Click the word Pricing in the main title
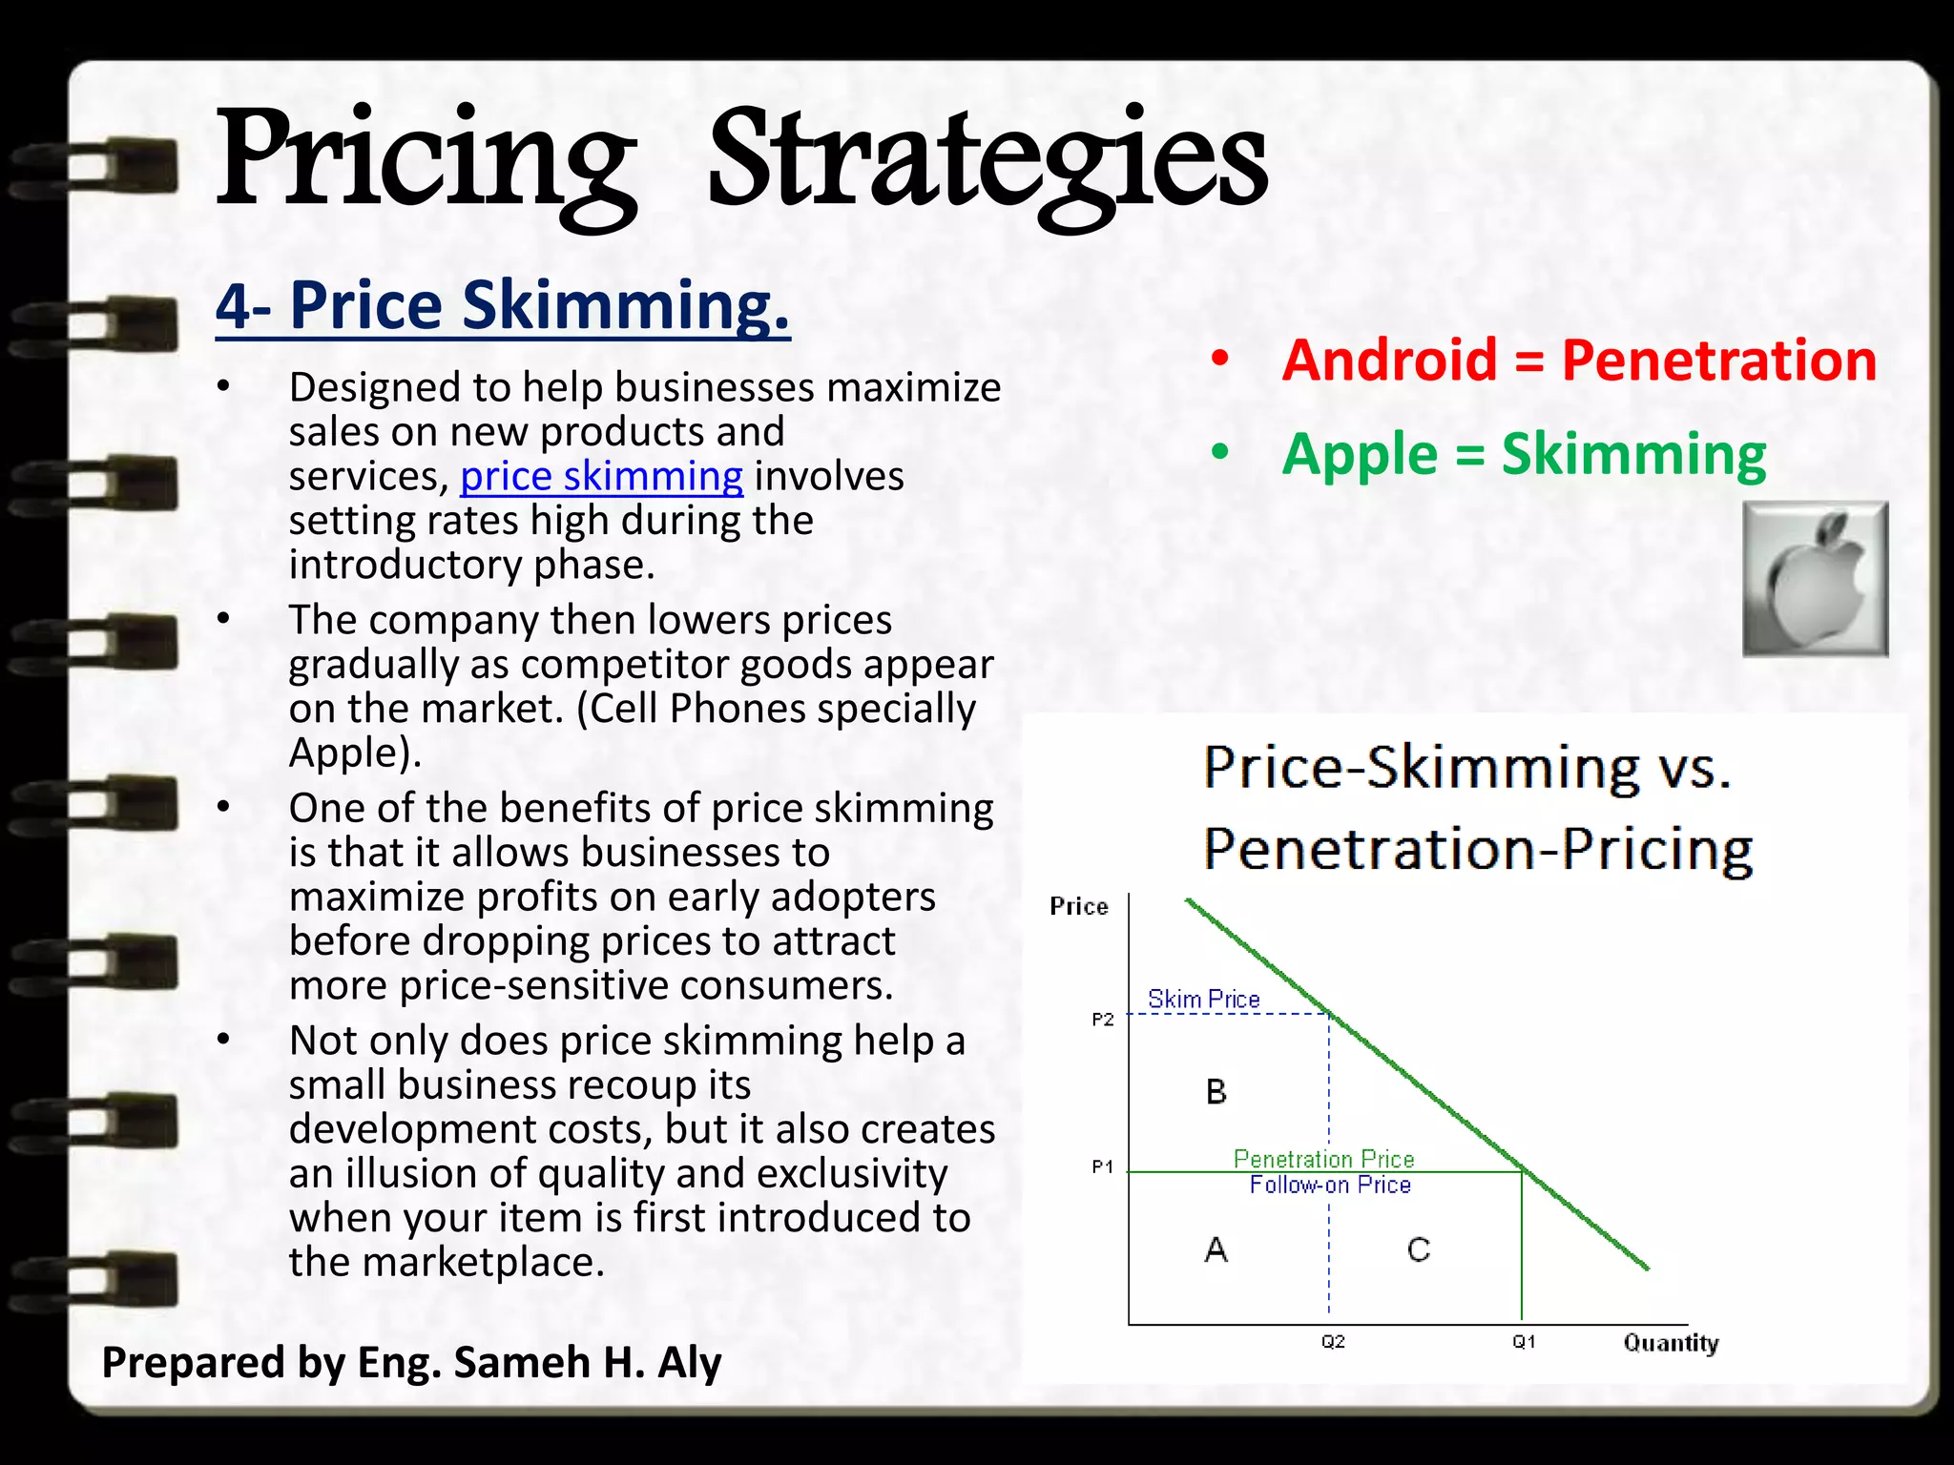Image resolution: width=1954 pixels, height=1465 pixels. click(x=425, y=162)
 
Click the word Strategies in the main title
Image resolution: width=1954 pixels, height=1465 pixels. click(x=987, y=162)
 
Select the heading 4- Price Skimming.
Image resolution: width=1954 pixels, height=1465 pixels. click(x=503, y=306)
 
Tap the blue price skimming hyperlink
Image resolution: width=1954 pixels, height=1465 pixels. click(x=601, y=476)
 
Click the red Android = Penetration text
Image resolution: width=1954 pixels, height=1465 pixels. click(x=1579, y=361)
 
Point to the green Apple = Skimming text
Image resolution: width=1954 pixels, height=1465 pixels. click(x=1524, y=454)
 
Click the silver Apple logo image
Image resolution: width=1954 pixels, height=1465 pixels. click(x=1815, y=579)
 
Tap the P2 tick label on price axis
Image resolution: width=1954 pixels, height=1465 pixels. click(x=1103, y=1020)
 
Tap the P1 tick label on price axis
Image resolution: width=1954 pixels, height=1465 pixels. click(x=1103, y=1166)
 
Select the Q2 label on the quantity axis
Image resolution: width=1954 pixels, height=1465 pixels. click(x=1333, y=1342)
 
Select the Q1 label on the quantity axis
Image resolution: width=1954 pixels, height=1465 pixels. click(x=1524, y=1342)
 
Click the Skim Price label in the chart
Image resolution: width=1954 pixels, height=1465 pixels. click(x=1204, y=1000)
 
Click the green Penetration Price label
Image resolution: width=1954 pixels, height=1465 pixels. click(x=1323, y=1159)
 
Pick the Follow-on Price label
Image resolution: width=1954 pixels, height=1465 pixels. click(x=1330, y=1186)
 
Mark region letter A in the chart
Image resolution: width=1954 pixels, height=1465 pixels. click(x=1216, y=1249)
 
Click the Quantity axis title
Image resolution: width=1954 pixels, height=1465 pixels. click(x=1671, y=1344)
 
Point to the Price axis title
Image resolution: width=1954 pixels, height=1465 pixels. click(x=1079, y=906)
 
